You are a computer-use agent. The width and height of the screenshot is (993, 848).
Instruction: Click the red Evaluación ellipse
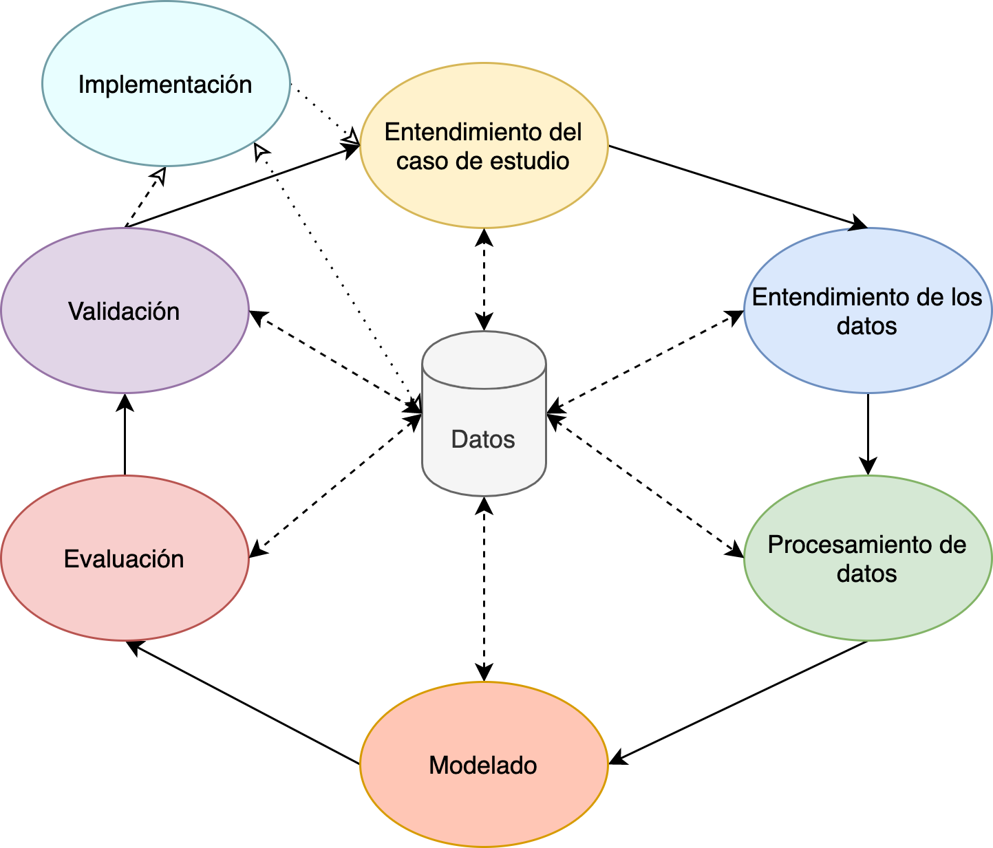(x=125, y=598)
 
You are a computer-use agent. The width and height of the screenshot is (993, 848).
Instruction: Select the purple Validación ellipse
(x=125, y=351)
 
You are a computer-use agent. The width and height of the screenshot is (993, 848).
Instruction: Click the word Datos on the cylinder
(x=483, y=439)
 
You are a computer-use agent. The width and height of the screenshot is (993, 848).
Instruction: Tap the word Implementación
(x=165, y=85)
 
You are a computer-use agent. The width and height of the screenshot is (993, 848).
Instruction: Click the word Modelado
(x=483, y=765)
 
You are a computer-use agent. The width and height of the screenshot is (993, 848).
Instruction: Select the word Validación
(x=124, y=312)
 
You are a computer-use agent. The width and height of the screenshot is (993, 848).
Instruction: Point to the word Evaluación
(x=124, y=559)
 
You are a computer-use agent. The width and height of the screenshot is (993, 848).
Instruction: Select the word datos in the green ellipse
(x=867, y=574)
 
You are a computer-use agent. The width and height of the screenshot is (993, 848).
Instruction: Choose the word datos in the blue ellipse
(x=867, y=326)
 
